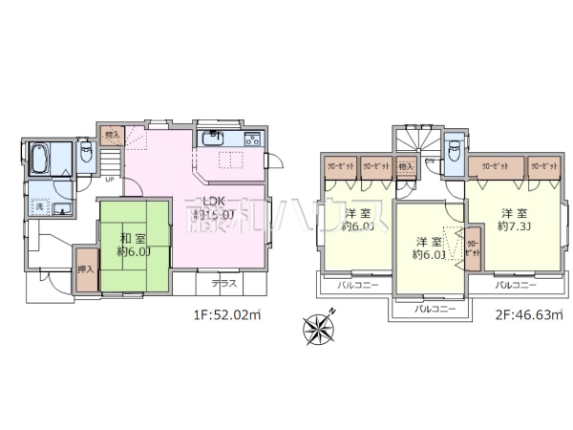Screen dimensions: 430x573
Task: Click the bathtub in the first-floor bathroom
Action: click(x=40, y=159)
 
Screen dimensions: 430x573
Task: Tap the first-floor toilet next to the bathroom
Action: click(x=85, y=152)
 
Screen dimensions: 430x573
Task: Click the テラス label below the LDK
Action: click(x=223, y=284)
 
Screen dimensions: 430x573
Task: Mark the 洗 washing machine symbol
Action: click(x=40, y=205)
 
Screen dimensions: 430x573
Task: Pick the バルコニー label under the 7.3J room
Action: click(x=516, y=285)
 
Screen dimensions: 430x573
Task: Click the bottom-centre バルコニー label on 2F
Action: click(x=434, y=309)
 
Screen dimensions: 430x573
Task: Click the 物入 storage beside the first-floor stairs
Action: click(x=113, y=135)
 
